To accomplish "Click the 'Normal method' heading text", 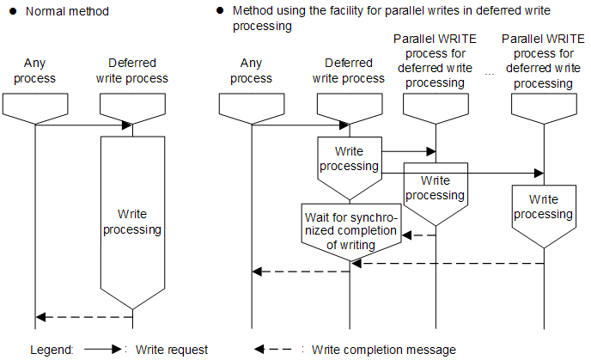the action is pos(67,11).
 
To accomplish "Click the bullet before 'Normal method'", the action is pos(13,11).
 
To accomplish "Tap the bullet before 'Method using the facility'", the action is pos(220,10).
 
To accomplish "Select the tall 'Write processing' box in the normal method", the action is pos(132,223).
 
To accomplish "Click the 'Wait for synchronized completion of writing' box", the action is pos(351,231).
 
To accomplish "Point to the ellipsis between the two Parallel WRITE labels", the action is pos(490,74).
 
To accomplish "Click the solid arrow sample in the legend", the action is pos(102,350).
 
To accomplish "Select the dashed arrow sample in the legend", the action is pos(273,350).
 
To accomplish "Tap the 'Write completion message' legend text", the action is pos(384,350).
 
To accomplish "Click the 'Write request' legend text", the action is pos(172,350).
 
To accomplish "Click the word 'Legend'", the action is pos(52,351).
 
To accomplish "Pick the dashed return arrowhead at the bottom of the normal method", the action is pos(40,317).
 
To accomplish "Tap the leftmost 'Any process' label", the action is pos(34,70).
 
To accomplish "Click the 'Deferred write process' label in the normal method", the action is pos(132,70).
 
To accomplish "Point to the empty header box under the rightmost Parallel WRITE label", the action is pos(544,108).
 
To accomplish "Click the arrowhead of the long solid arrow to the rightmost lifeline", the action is pos(539,174).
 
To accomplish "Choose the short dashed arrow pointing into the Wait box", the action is pos(418,235).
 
